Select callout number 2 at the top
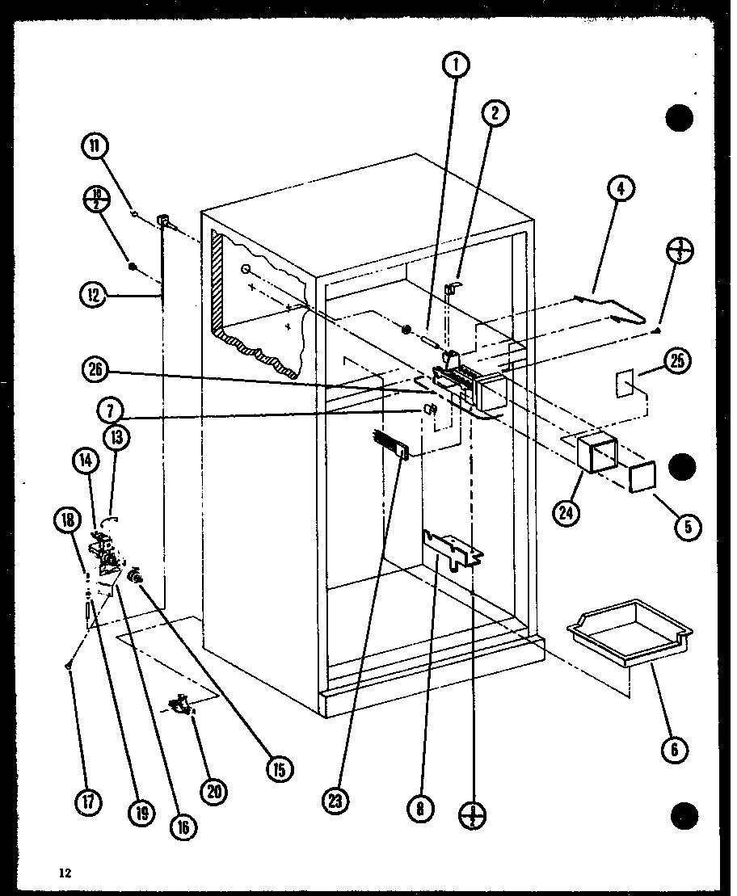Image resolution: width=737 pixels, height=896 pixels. click(x=495, y=114)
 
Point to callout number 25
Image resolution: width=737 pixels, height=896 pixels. click(x=676, y=362)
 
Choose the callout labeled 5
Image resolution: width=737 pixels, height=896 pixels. click(x=688, y=527)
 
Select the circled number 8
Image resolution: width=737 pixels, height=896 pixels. click(x=419, y=807)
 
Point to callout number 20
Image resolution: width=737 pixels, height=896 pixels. click(x=215, y=792)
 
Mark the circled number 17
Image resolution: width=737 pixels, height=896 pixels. click(x=88, y=802)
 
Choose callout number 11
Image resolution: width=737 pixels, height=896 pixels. click(x=95, y=146)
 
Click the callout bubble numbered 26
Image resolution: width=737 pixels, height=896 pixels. click(x=95, y=370)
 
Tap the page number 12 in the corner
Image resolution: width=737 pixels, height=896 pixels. click(x=65, y=873)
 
